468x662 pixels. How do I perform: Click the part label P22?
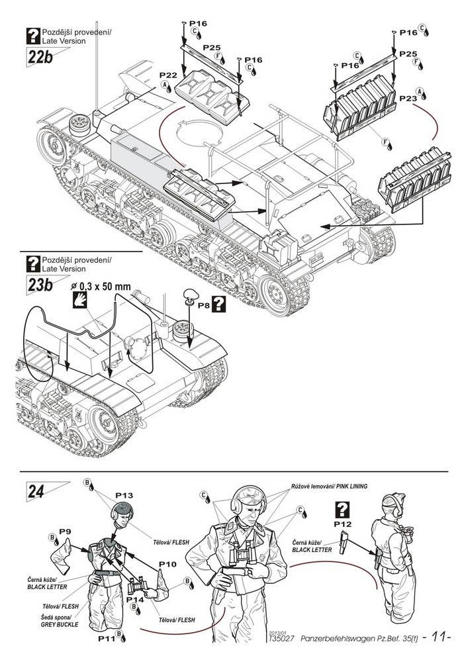coord(150,76)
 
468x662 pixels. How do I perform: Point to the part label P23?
coord(408,97)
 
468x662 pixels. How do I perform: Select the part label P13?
coord(124,495)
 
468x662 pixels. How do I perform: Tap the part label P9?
coord(65,532)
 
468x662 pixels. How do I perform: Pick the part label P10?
coord(167,564)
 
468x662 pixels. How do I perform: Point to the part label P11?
coord(106,639)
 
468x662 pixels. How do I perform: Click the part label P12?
coord(343,524)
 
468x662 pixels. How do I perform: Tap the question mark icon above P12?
coord(344,508)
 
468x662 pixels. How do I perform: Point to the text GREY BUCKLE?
coord(60,624)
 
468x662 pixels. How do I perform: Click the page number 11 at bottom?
coord(437,638)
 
